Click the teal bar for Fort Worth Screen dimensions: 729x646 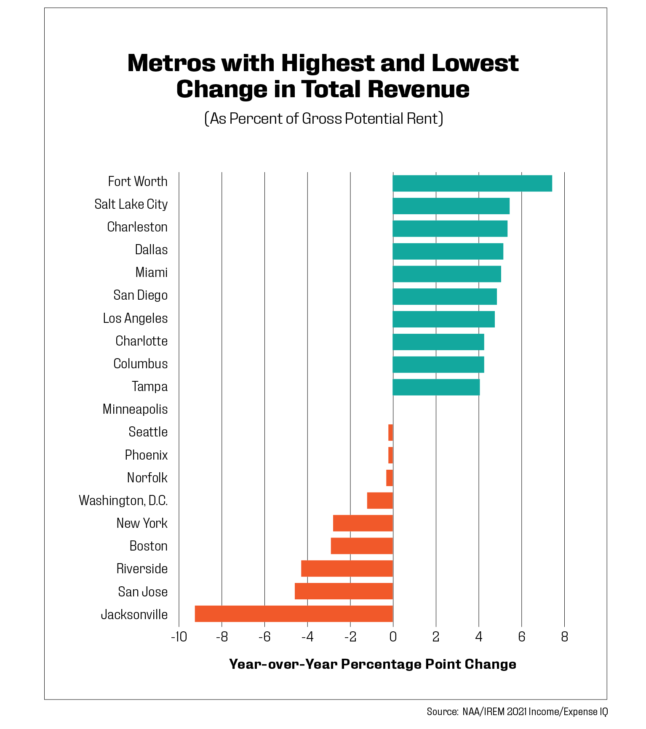tap(472, 184)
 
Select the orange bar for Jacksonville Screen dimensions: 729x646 tap(294, 614)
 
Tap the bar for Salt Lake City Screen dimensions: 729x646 tap(451, 206)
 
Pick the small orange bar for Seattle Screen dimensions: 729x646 tap(390, 432)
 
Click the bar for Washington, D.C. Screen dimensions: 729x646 tap(380, 500)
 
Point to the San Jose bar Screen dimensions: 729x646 tap(344, 591)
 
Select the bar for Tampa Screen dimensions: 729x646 tap(436, 387)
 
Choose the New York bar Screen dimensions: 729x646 tap(363, 523)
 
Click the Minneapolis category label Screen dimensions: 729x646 tap(135, 409)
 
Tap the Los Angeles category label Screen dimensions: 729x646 tap(135, 318)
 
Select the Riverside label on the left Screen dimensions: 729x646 tap(142, 569)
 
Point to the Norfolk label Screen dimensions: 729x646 tap(147, 478)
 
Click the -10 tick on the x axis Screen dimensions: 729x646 tap(179, 637)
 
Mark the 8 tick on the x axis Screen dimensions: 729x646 tap(564, 637)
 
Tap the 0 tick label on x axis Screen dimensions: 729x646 tap(392, 637)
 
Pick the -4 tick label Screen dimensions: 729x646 tap(307, 637)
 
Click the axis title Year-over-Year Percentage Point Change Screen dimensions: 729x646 tap(372, 664)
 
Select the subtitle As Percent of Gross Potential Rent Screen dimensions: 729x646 tap(323, 119)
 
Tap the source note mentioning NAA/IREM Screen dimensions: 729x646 tap(517, 712)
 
